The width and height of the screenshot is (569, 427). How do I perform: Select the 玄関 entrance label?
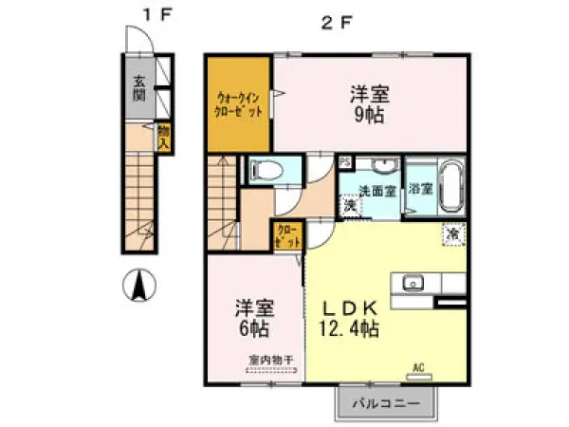tap(139, 86)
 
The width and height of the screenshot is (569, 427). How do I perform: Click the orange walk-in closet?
tap(238, 102)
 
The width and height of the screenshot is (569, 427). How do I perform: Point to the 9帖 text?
tap(370, 116)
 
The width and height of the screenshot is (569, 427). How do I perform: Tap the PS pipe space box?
tap(343, 162)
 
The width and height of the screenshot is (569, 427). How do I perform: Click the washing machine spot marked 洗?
tap(350, 205)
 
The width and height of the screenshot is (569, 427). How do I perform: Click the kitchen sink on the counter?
tap(413, 282)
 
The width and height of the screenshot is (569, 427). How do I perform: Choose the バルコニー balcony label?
tap(386, 403)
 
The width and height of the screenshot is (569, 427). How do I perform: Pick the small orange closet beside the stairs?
tap(288, 234)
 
